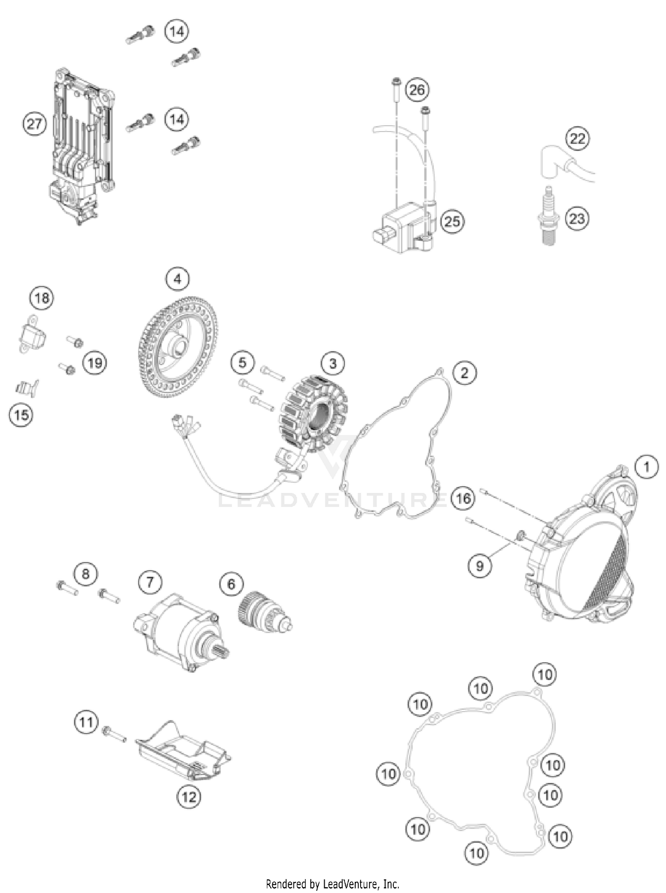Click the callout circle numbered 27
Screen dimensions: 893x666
[x=34, y=124]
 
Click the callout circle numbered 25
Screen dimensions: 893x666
[x=452, y=221]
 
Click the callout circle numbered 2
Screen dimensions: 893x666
[x=464, y=372]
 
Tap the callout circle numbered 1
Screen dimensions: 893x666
[x=646, y=467]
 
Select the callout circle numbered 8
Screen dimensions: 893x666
[x=85, y=573]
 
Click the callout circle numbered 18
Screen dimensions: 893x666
[x=42, y=298]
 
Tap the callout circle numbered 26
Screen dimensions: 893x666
[x=416, y=90]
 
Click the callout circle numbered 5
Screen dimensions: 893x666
[x=242, y=362]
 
